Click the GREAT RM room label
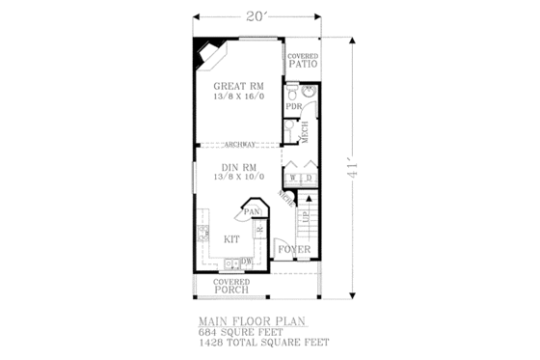(x=238, y=85)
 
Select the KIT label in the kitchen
(x=231, y=237)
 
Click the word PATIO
(x=303, y=65)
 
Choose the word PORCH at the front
(x=231, y=290)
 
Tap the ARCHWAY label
(x=239, y=146)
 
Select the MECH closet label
(x=305, y=134)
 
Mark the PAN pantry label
(x=253, y=212)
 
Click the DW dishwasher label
(x=246, y=262)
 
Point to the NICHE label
(x=285, y=196)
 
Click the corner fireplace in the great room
(x=207, y=56)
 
